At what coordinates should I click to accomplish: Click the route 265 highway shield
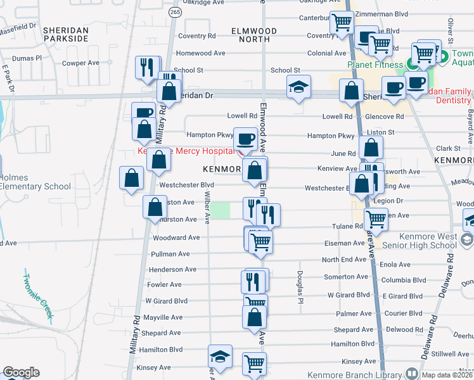pyautogui.click(x=174, y=12)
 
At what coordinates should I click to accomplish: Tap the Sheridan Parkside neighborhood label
pyautogui.click(x=64, y=34)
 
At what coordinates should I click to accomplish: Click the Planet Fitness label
pyautogui.click(x=375, y=65)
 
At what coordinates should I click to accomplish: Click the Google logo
pyautogui.click(x=21, y=372)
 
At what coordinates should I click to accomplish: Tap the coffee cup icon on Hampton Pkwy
pyautogui.click(x=246, y=137)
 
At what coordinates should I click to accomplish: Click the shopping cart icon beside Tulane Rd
pyautogui.click(x=376, y=219)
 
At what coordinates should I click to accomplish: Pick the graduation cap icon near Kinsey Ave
pyautogui.click(x=220, y=356)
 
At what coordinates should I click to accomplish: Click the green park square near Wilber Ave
pyautogui.click(x=220, y=211)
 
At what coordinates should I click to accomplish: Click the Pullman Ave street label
pyautogui.click(x=170, y=254)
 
